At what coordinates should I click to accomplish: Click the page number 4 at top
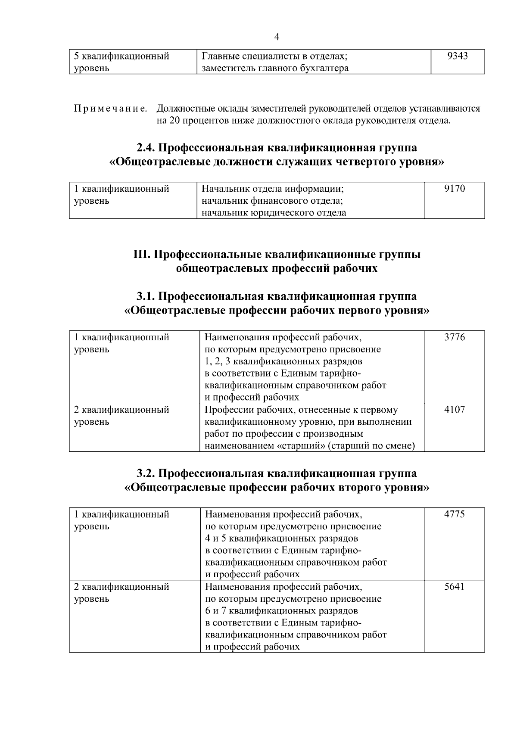(277, 37)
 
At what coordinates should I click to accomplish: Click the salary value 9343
(458, 56)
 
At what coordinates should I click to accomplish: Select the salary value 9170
(455, 189)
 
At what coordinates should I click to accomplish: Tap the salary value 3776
(455, 337)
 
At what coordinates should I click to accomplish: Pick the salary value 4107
(455, 410)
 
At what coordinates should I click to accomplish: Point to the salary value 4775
(455, 514)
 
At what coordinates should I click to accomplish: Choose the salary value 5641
(455, 587)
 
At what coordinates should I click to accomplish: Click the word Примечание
(111, 109)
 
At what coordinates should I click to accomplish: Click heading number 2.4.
(146, 148)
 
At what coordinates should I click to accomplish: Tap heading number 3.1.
(146, 296)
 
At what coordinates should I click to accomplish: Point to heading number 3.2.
(146, 473)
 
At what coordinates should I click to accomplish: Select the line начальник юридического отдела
(274, 213)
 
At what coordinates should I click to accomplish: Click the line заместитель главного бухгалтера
(275, 68)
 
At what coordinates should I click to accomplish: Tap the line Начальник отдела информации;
(273, 189)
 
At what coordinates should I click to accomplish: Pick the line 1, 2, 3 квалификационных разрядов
(283, 361)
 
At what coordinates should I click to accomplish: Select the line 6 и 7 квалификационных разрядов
(281, 611)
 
